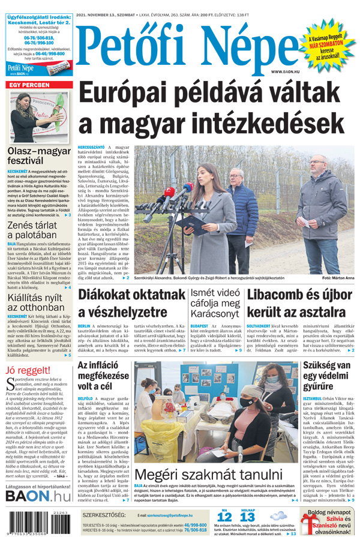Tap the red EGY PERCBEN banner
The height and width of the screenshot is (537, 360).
coord(29,85)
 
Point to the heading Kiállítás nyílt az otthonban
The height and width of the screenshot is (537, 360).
coord(34,302)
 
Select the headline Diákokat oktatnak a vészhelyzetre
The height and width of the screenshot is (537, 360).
coord(131,304)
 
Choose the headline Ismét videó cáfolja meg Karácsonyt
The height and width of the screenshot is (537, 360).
coord(215,304)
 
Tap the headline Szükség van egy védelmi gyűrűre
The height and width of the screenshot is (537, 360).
coord(325,376)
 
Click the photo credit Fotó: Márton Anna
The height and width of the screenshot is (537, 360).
coord(338,278)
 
